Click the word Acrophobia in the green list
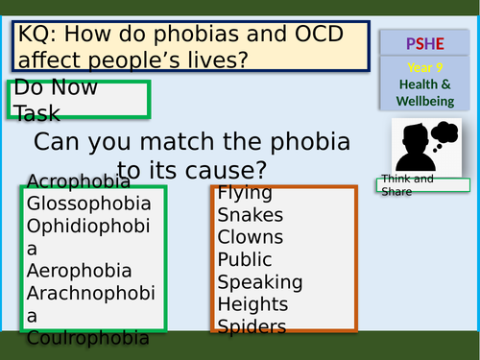click(79, 181)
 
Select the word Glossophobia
click(89, 204)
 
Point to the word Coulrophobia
click(88, 337)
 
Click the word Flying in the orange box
click(245, 192)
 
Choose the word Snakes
click(251, 214)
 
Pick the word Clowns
click(251, 236)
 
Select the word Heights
click(252, 303)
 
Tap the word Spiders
click(252, 326)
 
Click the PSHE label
click(425, 44)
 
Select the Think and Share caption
click(407, 185)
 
